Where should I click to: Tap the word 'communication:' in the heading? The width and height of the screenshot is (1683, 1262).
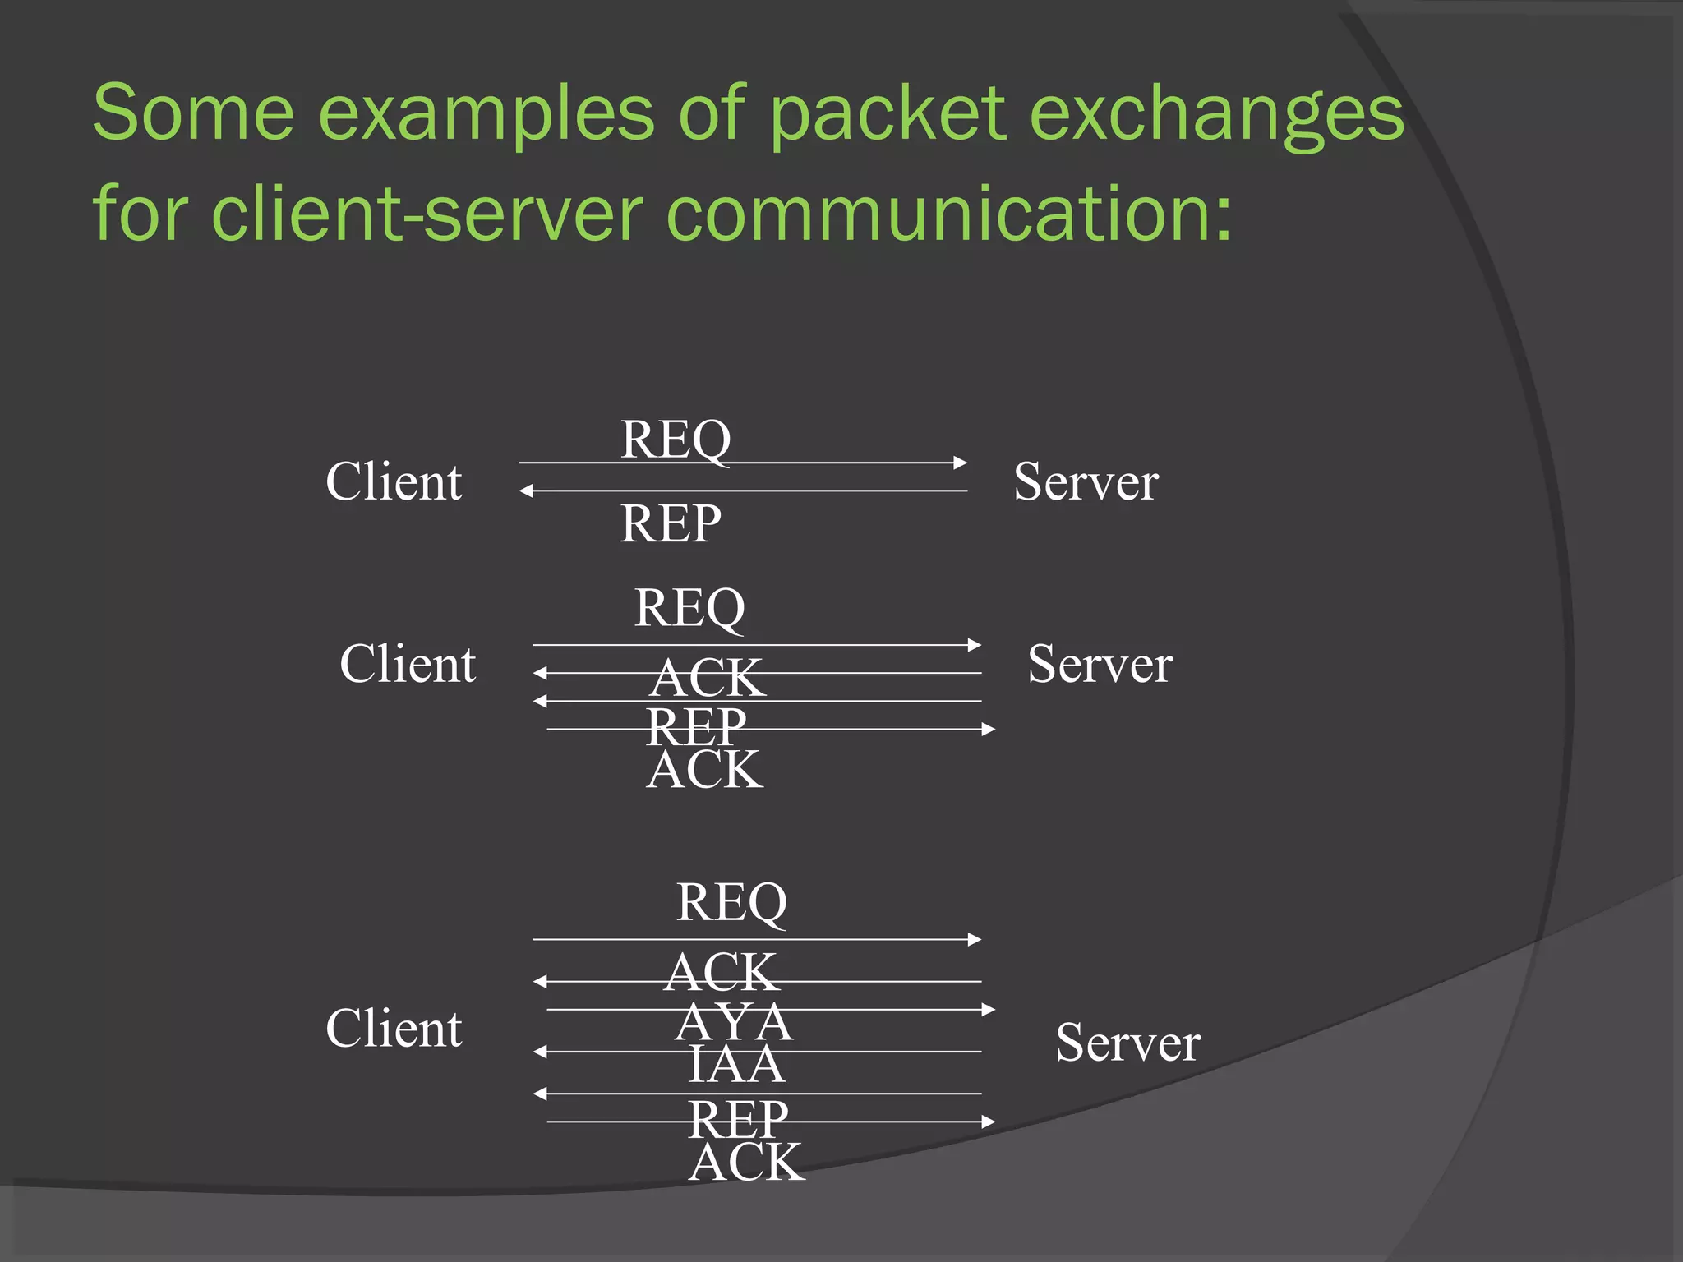949,214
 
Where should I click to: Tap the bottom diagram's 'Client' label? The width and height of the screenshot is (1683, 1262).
394,1029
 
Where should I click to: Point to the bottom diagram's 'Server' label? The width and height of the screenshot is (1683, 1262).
1127,1043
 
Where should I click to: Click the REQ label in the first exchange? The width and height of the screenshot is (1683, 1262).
676,440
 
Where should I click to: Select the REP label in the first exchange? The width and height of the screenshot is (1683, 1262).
671,523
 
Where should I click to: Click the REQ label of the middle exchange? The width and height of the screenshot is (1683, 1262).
689,608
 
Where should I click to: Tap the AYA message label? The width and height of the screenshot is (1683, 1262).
734,1023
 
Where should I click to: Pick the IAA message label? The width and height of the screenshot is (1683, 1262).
736,1065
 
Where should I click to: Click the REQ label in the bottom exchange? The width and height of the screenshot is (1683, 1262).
731,902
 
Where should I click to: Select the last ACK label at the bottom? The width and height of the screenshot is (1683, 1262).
746,1163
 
